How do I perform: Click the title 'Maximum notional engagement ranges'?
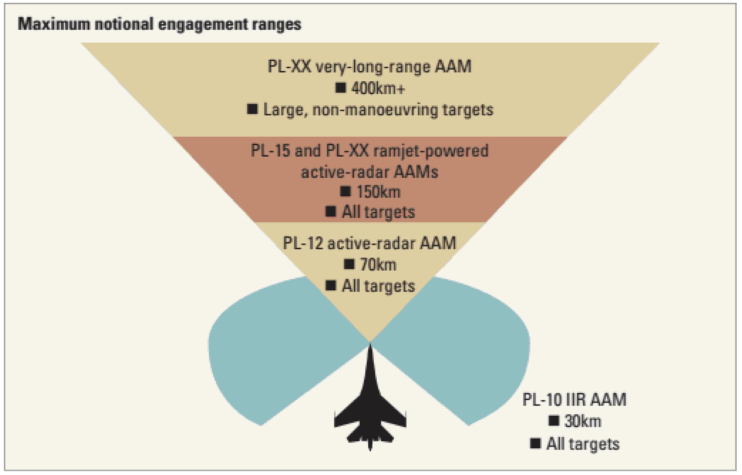coord(159,24)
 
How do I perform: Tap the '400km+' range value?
coord(378,89)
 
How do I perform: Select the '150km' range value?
coord(378,192)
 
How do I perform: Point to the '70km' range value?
coord(378,265)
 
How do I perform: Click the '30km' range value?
coord(583,422)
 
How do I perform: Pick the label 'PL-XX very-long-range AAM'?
coord(370,67)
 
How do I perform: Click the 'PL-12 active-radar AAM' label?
coord(370,244)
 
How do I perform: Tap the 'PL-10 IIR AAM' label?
coord(574,400)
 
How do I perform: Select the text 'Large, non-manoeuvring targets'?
coord(378,110)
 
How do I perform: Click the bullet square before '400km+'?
coord(340,88)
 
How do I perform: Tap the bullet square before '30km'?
coord(553,421)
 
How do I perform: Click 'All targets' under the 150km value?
coord(378,212)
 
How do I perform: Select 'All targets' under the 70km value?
coord(378,286)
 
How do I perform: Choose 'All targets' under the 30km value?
coord(583,444)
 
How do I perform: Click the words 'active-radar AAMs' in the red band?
coord(370,172)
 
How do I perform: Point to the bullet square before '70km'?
coord(349,264)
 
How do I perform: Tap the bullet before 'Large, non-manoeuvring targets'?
coord(253,109)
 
